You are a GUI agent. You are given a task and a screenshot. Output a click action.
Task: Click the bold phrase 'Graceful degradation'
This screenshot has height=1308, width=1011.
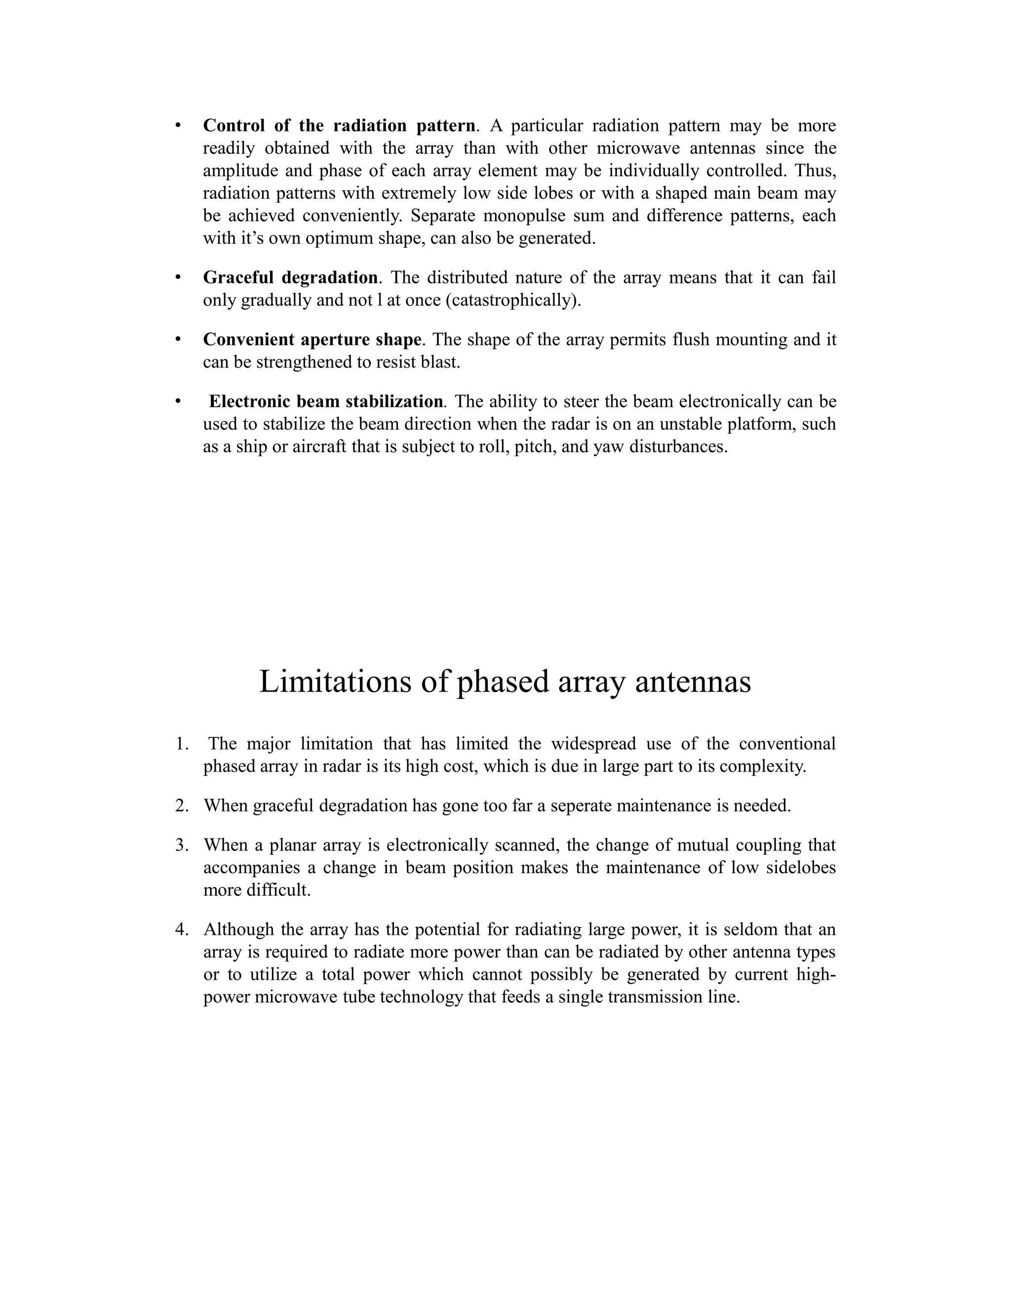290,278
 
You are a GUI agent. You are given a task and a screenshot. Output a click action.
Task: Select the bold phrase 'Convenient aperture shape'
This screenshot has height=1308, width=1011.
312,340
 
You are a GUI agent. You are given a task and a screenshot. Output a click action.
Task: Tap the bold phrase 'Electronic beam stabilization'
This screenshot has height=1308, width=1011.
326,401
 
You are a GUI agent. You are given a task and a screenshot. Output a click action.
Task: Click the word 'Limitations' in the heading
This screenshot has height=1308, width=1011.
335,682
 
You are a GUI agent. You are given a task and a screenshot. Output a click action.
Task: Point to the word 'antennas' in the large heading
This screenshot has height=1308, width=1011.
693,682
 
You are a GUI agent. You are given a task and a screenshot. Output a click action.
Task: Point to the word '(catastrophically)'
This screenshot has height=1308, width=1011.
513,300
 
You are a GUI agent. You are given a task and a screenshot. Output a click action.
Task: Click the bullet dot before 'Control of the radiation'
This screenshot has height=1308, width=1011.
178,126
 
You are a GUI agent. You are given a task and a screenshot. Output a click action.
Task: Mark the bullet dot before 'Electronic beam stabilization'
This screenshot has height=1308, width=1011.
178,401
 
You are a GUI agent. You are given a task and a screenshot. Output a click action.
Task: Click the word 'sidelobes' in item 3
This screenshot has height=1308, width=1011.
801,868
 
